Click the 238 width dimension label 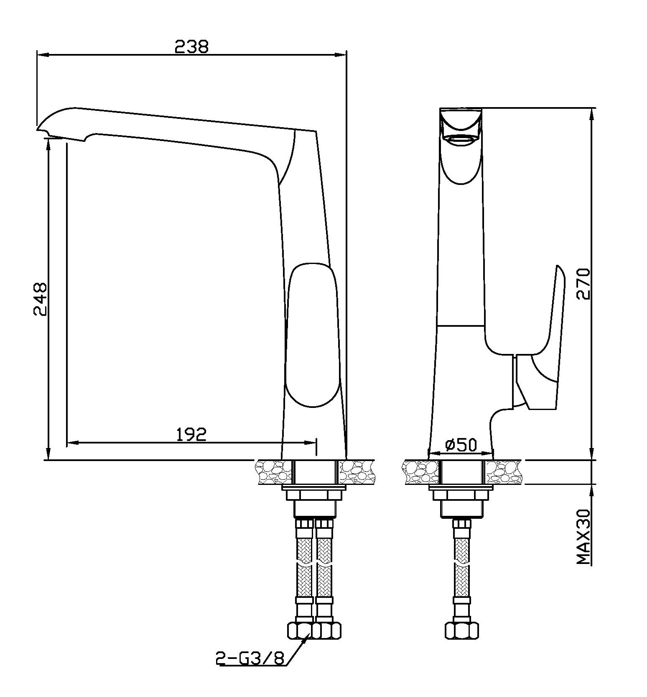[x=191, y=46]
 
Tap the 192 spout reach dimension [x=191, y=434]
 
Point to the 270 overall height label [x=583, y=284]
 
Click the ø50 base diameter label [x=461, y=445]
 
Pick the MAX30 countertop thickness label [x=583, y=537]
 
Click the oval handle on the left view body [x=312, y=335]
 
